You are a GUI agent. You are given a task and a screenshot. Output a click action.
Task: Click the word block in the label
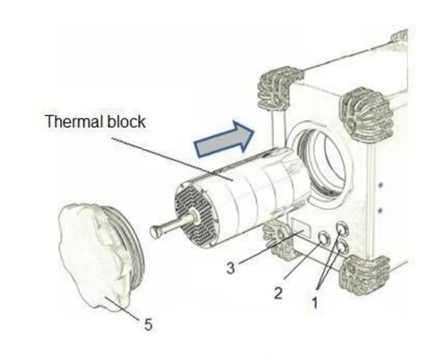126,121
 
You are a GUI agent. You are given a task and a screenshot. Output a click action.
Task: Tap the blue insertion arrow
224,139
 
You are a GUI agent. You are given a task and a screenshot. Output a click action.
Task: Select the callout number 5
149,324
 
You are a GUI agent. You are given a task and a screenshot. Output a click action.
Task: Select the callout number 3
231,268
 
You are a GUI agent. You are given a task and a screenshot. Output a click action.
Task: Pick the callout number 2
278,293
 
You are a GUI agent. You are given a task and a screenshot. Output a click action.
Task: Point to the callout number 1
315,302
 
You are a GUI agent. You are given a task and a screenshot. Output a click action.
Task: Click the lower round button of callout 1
341,248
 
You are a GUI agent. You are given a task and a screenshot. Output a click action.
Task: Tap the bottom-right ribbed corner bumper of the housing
364,275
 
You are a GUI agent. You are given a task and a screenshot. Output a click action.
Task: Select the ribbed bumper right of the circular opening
366,115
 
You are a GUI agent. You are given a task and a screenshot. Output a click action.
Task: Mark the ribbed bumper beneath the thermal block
279,240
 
